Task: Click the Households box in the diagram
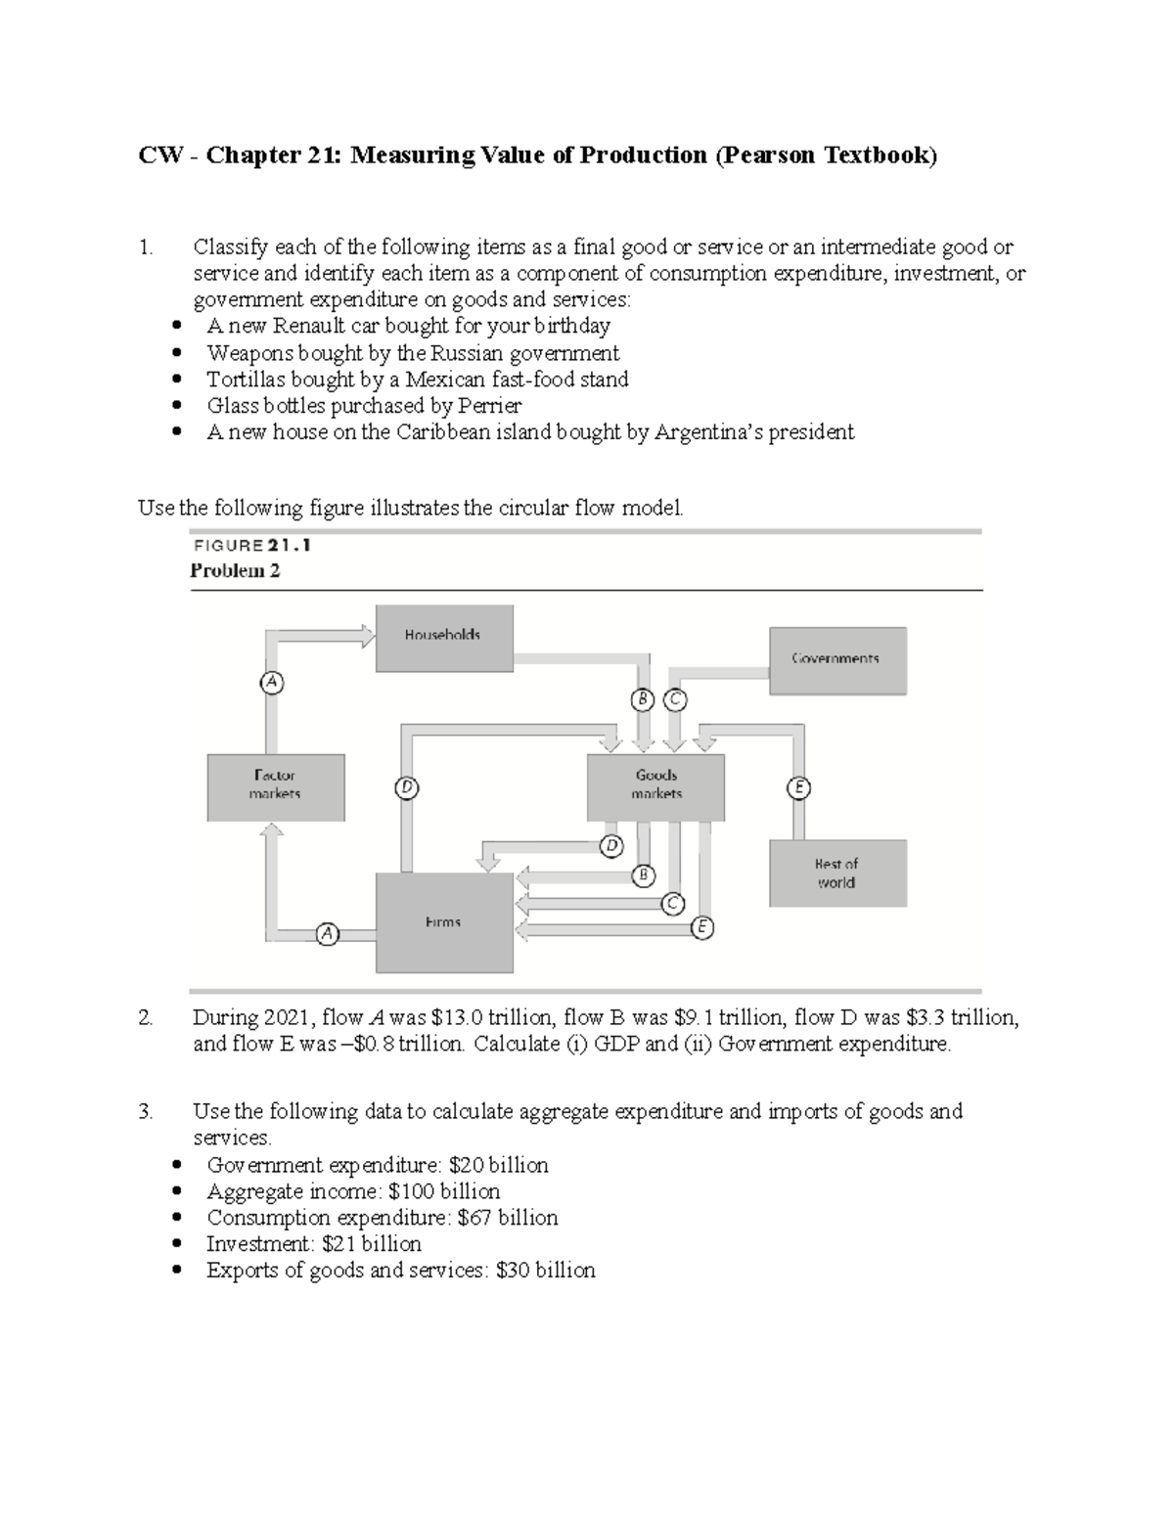coord(444,638)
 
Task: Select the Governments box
coord(837,661)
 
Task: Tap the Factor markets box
coord(275,786)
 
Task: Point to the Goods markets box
coord(655,786)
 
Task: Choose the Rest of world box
coord(837,873)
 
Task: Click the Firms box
coord(444,922)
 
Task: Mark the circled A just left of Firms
coord(327,934)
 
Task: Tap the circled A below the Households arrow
coord(272,683)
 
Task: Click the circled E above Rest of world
coord(799,787)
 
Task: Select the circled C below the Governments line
coord(675,700)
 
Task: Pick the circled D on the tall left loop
coord(406,787)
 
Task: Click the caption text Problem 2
coord(235,571)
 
